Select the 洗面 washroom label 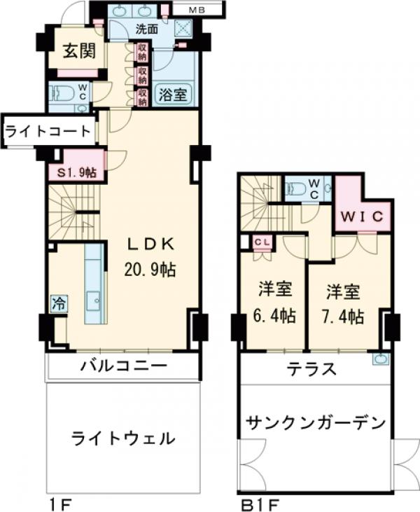click(x=146, y=30)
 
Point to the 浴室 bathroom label click(x=171, y=95)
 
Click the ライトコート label click(x=48, y=130)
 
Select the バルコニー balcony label click(x=122, y=366)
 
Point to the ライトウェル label click(x=122, y=439)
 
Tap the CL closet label click(x=263, y=242)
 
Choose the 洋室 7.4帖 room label click(x=344, y=302)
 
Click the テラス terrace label click(x=311, y=369)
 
